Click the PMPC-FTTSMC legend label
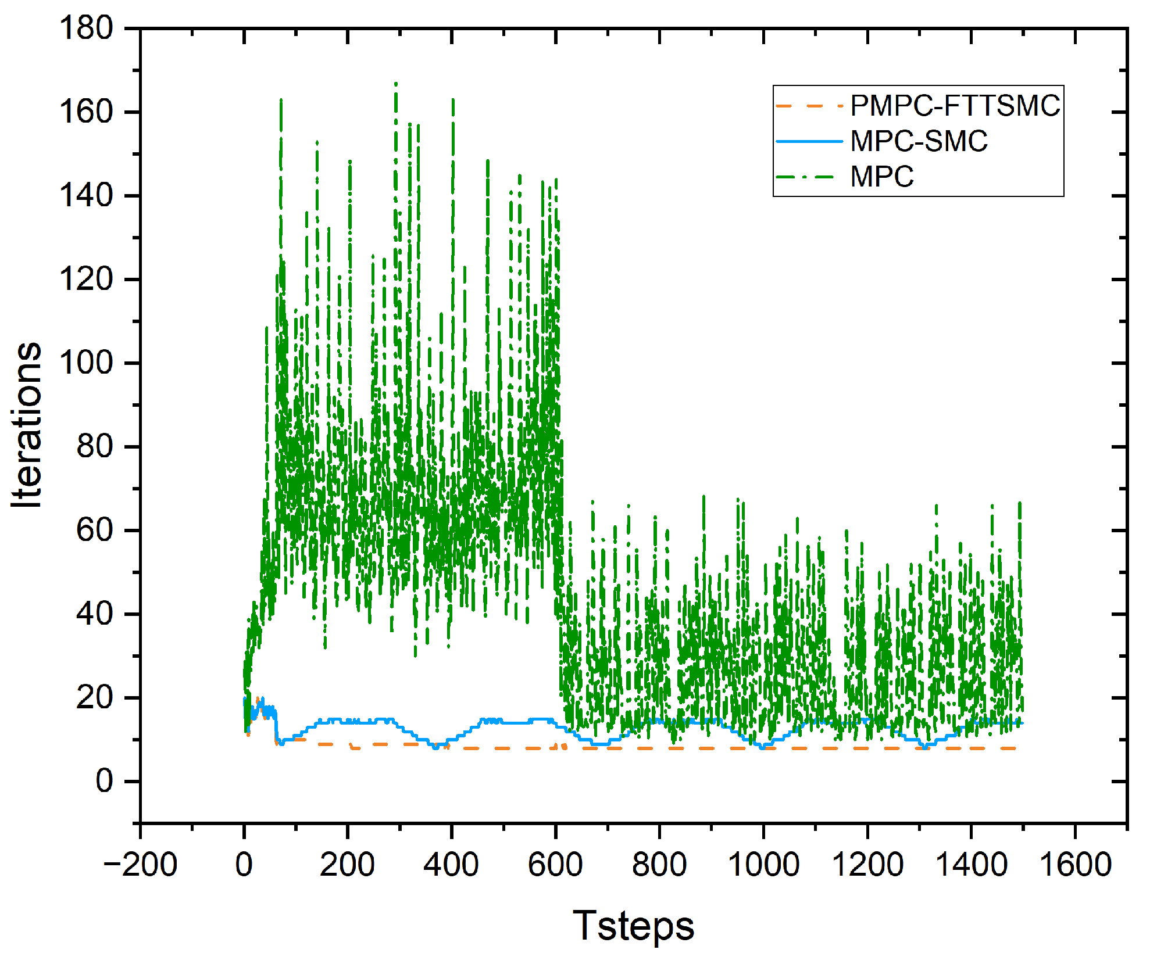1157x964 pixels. click(x=955, y=106)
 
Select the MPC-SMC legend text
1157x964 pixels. click(x=919, y=142)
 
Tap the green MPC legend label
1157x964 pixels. click(x=881, y=177)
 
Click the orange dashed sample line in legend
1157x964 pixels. click(x=809, y=106)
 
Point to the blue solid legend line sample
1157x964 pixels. click(x=809, y=141)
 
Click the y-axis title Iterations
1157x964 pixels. click(x=27, y=425)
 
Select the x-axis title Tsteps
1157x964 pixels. click(x=633, y=926)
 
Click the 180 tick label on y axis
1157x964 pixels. click(x=86, y=28)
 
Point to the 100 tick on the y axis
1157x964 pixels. click(x=86, y=363)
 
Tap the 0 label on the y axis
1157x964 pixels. click(x=104, y=782)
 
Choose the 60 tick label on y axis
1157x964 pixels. click(x=95, y=531)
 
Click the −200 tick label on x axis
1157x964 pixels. click(x=140, y=864)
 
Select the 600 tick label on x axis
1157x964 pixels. click(x=555, y=864)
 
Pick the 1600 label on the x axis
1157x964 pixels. click(x=1075, y=864)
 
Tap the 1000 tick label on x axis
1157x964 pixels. click(x=763, y=864)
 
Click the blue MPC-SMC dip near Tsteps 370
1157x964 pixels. click(x=436, y=747)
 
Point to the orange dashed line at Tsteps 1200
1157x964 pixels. click(x=867, y=748)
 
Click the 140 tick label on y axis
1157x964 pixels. click(x=86, y=196)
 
